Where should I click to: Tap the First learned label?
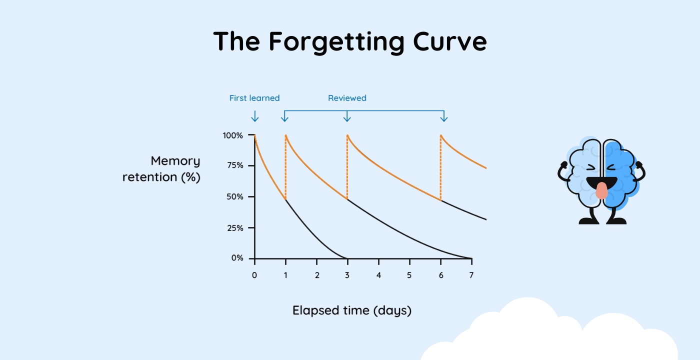pos(254,98)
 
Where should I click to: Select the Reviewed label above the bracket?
pos(347,98)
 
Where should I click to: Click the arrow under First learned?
pos(254,116)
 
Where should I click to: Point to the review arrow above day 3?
pos(347,117)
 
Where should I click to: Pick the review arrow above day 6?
pos(443,117)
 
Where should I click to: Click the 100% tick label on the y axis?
pos(233,135)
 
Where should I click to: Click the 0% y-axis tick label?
pos(237,258)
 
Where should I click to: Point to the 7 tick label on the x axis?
pos(471,275)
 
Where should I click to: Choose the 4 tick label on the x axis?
pos(378,275)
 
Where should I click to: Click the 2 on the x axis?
pos(317,275)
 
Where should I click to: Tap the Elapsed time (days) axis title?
pos(352,310)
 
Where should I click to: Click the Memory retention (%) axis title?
pos(161,169)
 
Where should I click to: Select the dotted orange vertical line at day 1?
pos(285,167)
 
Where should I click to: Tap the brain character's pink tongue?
pos(601,190)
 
